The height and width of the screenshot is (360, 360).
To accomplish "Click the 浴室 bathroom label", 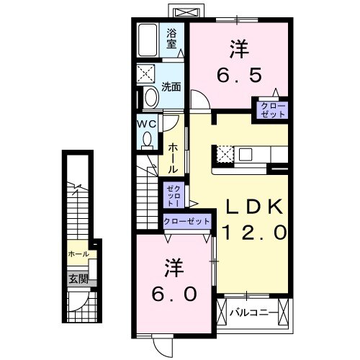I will click(172, 37).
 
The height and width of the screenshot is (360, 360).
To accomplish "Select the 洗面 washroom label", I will click(171, 88).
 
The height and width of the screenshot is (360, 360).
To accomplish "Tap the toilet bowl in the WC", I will click(147, 140).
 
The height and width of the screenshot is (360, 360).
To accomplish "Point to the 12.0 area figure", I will click(256, 232).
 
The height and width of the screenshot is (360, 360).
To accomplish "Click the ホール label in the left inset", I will click(78, 254).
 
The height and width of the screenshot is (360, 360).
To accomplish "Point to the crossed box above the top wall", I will click(186, 12).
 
